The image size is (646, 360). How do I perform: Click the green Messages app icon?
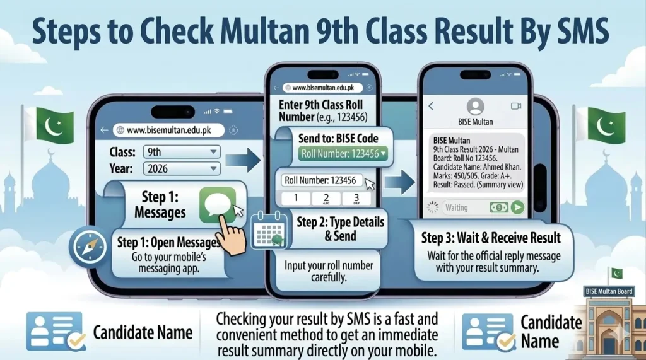[218, 204]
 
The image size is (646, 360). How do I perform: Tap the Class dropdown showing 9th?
[182, 152]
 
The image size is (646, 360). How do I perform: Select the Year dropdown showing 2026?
[182, 168]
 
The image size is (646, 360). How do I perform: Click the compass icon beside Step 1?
[88, 247]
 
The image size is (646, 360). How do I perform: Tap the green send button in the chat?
[517, 207]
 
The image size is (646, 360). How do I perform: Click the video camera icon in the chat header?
[516, 107]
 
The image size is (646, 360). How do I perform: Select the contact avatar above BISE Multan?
[476, 107]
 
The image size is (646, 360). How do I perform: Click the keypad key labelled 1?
[296, 199]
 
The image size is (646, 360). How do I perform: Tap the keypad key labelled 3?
[356, 199]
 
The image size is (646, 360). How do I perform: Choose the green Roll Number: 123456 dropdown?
[343, 154]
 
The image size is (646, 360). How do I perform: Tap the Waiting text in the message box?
[457, 207]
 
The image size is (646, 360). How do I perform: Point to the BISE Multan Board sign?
[609, 291]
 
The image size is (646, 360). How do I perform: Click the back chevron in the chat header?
[431, 107]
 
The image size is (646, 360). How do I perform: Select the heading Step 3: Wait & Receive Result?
[491, 238]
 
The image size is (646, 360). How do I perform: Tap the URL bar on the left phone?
[168, 130]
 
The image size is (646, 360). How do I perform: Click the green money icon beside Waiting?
[498, 207]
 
